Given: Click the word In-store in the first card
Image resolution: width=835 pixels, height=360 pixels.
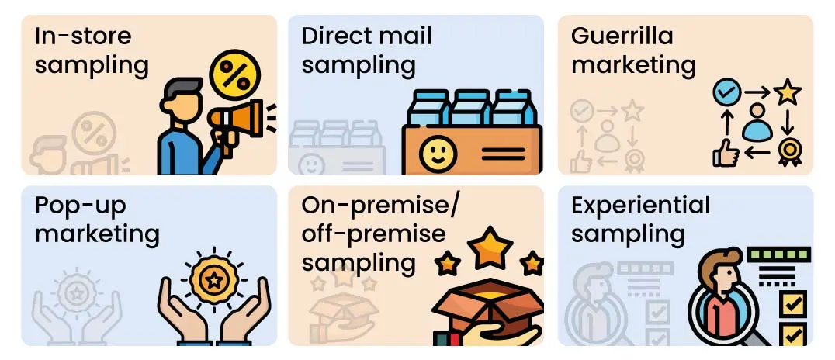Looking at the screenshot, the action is coord(83,36).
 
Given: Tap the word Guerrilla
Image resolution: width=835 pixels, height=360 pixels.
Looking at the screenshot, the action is coord(622,36).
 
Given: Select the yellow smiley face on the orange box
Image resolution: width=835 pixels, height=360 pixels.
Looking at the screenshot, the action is coord(437,154).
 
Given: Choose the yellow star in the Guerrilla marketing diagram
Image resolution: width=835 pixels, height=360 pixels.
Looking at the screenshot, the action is coord(788,92).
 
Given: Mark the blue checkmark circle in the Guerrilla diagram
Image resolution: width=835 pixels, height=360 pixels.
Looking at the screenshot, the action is coord(727,92).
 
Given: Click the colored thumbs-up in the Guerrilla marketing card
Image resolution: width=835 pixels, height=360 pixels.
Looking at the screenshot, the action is coord(726,153).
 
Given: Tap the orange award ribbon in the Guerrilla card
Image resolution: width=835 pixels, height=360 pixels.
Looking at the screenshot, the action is coord(789,153).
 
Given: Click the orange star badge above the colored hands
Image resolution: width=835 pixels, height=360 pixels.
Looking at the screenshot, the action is coord(214,280).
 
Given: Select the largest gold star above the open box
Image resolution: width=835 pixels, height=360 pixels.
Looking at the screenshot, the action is coord(490,249).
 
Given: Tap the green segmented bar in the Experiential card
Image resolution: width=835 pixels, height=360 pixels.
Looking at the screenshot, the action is coord(779,254).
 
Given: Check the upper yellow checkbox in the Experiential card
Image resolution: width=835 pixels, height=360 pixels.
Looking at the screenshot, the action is coord(792,305).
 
